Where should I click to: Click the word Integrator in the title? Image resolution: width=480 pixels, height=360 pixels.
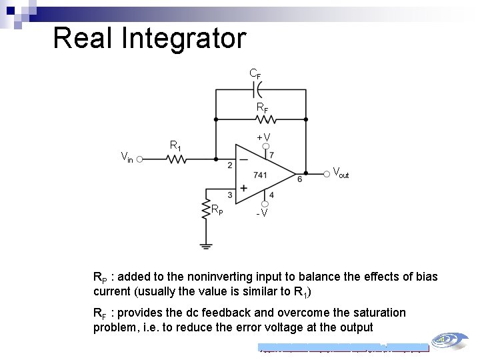[183, 38]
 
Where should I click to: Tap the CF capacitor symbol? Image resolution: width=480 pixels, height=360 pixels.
[260, 87]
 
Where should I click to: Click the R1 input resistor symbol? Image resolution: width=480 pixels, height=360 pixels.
[177, 159]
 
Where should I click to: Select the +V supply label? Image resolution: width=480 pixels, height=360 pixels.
[263, 138]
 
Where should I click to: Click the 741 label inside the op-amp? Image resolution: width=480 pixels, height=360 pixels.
[261, 175]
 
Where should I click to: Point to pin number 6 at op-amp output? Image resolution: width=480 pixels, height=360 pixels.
[299, 179]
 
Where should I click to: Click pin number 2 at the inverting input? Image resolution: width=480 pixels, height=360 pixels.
[230, 165]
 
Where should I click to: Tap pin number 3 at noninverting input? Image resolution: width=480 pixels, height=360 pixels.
[230, 195]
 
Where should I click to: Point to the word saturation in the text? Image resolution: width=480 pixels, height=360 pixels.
[372, 313]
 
